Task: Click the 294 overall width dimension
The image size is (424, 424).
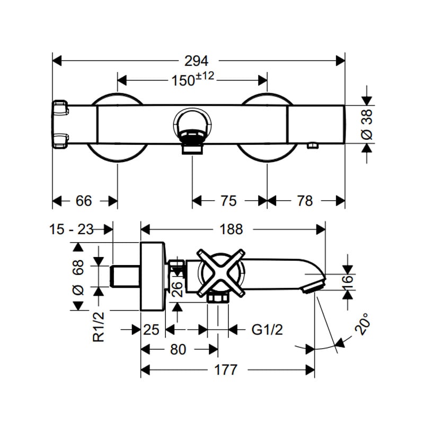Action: [x=196, y=61]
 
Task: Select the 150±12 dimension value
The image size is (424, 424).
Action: [x=193, y=78]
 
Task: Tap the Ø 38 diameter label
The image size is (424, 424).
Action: [x=367, y=125]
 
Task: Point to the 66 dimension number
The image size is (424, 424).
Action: [x=84, y=201]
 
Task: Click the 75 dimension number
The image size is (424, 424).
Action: [x=229, y=201]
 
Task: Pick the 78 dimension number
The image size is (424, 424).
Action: [x=305, y=201]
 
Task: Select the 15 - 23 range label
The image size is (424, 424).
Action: [x=72, y=229]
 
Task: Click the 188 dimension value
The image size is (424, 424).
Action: [x=231, y=229]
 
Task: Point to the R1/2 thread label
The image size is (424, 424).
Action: [x=99, y=326]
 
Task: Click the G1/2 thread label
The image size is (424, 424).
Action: [x=267, y=330]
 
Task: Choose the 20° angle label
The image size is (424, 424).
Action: [x=362, y=324]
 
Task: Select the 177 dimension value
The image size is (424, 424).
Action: [x=226, y=369]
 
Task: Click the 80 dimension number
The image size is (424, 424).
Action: [x=178, y=349]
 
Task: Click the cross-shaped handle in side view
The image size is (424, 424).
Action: [x=221, y=273]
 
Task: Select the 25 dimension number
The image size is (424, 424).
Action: [x=151, y=330]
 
